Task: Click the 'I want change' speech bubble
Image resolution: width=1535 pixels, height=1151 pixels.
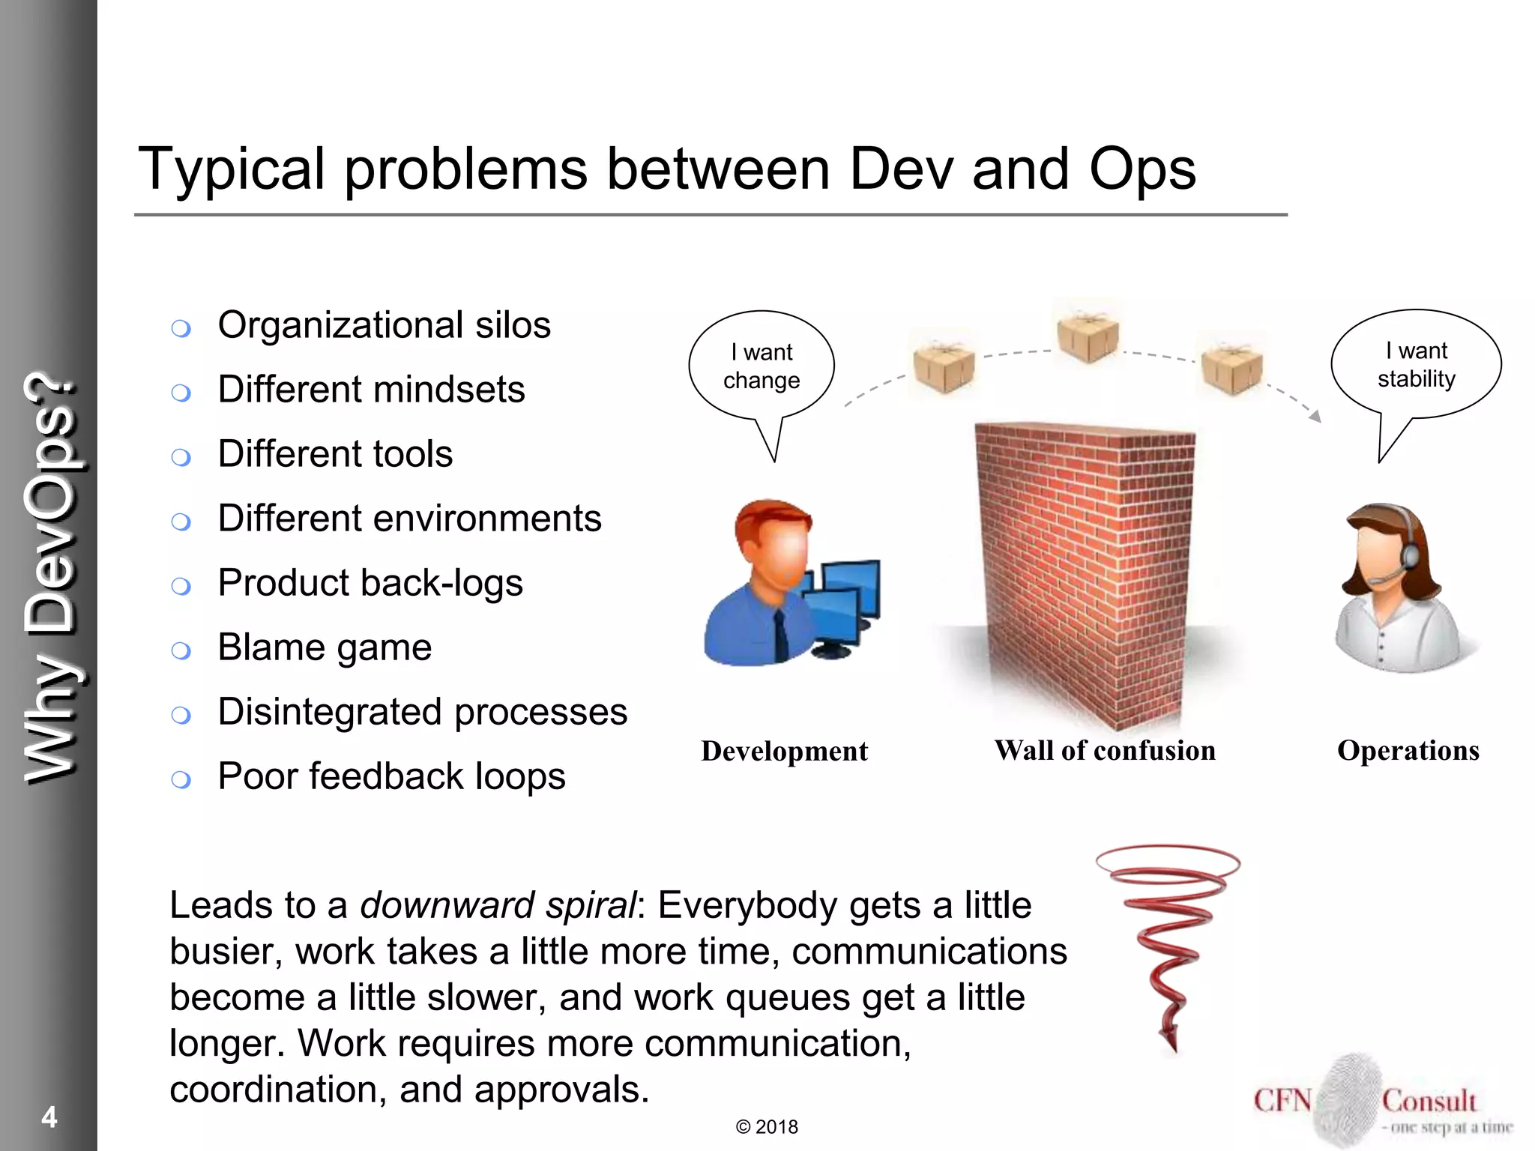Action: [762, 366]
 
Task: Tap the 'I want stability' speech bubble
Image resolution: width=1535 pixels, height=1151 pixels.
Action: [1416, 365]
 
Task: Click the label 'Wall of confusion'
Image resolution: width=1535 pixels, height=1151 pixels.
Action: [1105, 751]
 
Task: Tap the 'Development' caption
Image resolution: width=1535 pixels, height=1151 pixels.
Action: [784, 752]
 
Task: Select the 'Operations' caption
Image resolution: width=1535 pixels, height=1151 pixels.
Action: [1408, 751]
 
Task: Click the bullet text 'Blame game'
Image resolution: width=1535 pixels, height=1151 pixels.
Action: [325, 647]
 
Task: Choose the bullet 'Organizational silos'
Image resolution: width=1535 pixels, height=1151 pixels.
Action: [384, 325]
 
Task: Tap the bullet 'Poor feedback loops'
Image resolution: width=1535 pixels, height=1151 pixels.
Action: [391, 776]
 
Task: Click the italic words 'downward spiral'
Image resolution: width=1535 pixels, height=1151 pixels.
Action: [498, 905]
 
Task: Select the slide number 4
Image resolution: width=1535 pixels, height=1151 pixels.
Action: [49, 1117]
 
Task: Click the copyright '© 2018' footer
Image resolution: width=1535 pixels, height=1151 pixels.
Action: [767, 1127]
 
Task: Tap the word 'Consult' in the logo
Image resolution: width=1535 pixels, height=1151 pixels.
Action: [1429, 1101]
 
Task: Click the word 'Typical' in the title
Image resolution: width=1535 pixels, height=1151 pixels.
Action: [232, 169]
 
